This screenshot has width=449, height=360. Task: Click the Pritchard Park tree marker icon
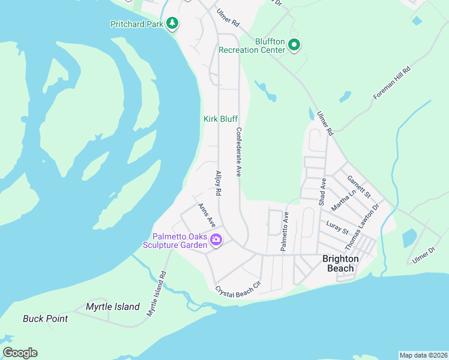pos(173,23)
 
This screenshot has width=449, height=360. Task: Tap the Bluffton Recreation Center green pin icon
pos(294,45)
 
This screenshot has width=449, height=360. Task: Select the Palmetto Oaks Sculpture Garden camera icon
pos(216,241)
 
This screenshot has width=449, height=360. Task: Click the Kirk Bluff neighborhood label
pos(220,119)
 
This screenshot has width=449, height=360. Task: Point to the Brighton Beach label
pos(340,263)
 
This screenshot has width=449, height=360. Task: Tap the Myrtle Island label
pos(112,307)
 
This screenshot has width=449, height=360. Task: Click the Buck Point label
pos(46,319)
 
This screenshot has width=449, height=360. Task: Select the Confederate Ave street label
pos(238,152)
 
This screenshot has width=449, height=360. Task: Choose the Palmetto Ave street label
pos(285,231)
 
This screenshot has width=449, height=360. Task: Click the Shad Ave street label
pos(323,191)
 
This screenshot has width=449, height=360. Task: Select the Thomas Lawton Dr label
pos(362,227)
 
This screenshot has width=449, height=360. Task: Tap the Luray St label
pos(337,227)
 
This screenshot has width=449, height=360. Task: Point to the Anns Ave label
pos(206,215)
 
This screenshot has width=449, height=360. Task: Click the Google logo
pos(20,353)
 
